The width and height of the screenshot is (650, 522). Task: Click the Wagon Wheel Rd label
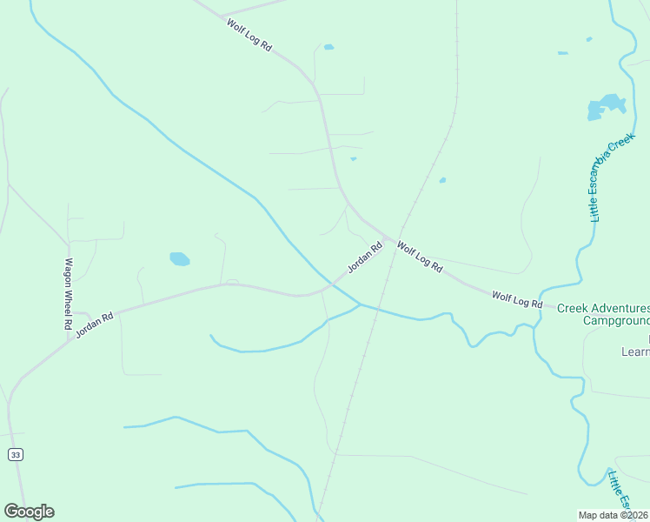click(x=67, y=293)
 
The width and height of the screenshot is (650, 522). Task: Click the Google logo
click(x=29, y=512)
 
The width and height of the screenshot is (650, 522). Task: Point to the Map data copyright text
click(x=614, y=513)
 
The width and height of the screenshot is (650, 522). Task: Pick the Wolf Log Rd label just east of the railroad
click(x=420, y=258)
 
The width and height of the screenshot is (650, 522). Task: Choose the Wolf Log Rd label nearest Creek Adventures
click(x=517, y=300)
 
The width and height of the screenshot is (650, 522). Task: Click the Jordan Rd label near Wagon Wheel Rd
click(x=95, y=325)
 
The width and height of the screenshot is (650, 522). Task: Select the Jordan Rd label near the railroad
click(x=365, y=258)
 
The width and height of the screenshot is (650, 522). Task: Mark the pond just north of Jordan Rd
click(x=179, y=258)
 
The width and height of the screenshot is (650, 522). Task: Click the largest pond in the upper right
click(x=607, y=106)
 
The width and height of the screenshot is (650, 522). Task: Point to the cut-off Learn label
click(x=635, y=351)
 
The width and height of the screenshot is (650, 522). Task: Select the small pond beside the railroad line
click(x=442, y=180)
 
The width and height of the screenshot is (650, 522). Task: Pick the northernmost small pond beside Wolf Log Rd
click(x=328, y=47)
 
